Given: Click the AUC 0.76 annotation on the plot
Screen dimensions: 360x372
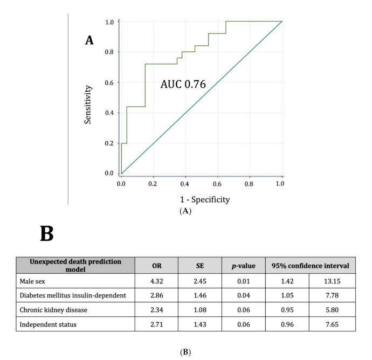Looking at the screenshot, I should point(183,84).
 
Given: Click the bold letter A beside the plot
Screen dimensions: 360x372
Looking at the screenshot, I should point(89,40).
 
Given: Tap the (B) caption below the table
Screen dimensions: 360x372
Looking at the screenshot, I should point(186,352).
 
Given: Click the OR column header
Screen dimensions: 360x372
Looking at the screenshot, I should point(156,266).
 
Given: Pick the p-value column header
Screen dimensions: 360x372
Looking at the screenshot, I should point(243,266).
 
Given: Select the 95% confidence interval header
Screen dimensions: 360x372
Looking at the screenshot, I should point(310,266).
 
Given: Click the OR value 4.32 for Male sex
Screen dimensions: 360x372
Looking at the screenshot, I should point(156,281).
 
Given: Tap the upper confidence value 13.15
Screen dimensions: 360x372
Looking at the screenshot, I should point(332,281).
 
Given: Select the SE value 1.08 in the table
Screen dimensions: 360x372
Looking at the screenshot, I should point(199,310).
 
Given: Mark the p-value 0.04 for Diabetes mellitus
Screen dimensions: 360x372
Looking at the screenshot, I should point(243,296).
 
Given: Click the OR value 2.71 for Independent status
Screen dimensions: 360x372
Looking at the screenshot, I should point(156,325).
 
